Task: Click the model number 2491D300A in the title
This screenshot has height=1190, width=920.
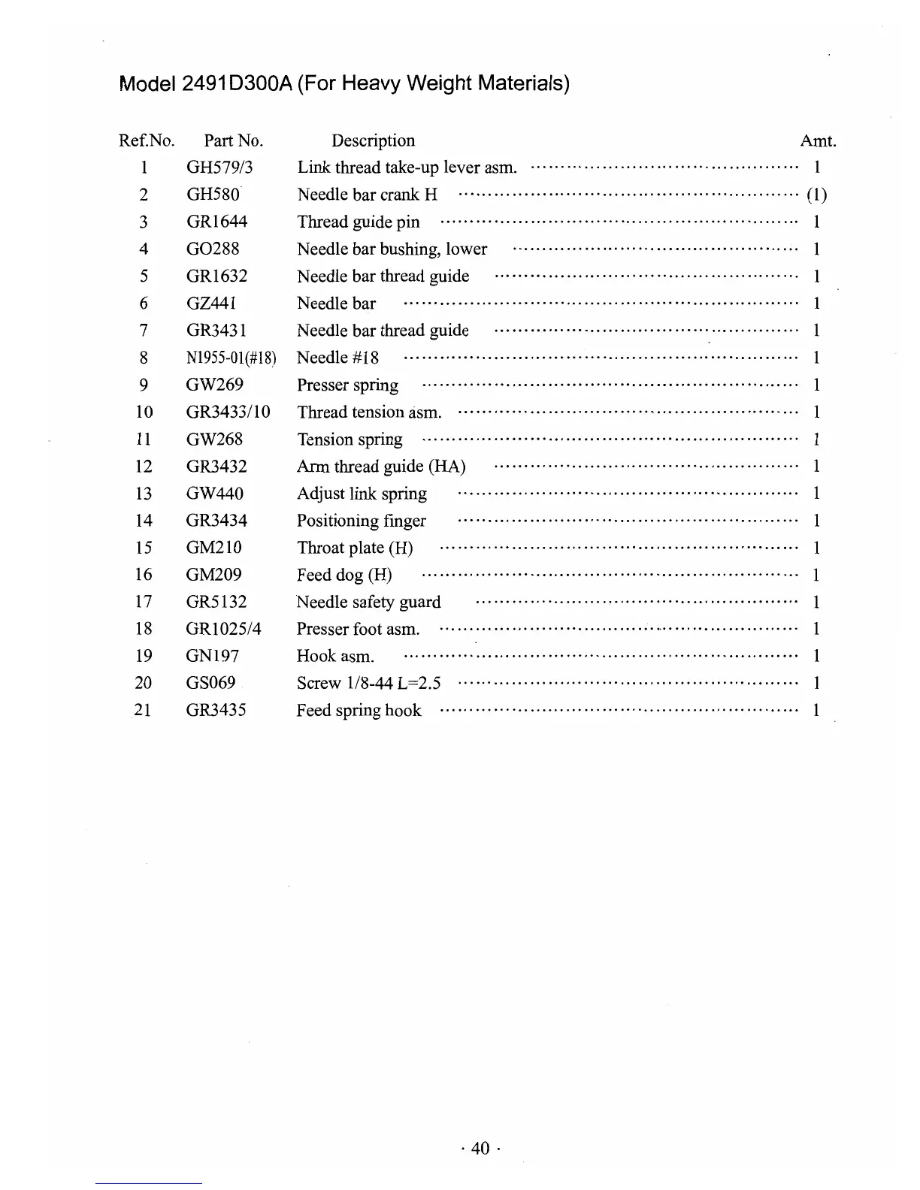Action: [x=236, y=83]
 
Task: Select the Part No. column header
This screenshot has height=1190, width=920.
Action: [x=233, y=140]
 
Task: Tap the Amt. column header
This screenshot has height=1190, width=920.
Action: [x=818, y=140]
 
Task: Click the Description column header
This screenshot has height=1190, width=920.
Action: [x=373, y=140]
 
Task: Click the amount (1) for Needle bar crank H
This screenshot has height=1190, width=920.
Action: [x=816, y=195]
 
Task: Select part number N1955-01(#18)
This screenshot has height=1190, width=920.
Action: [x=232, y=358]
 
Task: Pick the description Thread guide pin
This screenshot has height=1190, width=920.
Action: [x=359, y=222]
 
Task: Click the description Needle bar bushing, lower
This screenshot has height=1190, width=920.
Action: [x=392, y=249]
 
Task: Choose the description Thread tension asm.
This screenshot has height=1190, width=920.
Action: [x=369, y=412]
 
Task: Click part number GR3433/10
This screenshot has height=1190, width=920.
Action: [x=228, y=412]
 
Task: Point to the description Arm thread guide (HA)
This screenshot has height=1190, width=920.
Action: [x=381, y=467]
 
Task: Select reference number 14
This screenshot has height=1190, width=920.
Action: [x=144, y=521]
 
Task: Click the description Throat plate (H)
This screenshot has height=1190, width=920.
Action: [x=355, y=548]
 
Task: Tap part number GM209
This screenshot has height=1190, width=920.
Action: [x=214, y=575]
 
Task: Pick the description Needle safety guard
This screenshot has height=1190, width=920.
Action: [x=368, y=603]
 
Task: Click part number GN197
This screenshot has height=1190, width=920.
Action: [x=213, y=657]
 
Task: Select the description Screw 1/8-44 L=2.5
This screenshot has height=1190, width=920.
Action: [x=368, y=684]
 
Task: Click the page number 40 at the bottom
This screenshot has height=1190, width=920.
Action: [x=480, y=1148]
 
